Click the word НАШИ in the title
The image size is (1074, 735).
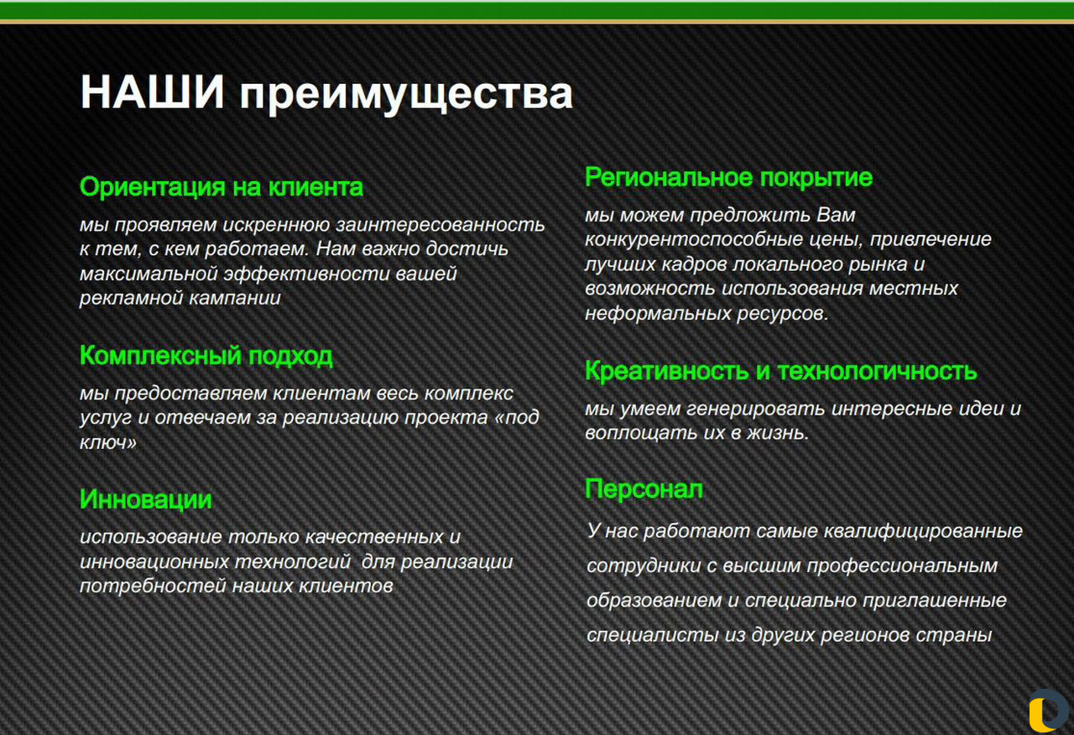point(153,91)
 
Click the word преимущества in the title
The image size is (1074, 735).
point(406,95)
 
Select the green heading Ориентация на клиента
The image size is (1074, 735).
point(222,186)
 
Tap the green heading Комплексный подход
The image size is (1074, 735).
point(206,356)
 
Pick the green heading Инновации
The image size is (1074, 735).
point(146,499)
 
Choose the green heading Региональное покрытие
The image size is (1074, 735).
point(729,178)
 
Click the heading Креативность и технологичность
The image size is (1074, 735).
point(780,371)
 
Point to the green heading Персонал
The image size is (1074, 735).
point(644,489)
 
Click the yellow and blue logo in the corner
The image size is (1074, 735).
point(1049,712)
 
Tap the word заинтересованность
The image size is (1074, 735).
point(441,224)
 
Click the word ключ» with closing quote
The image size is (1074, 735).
point(108,442)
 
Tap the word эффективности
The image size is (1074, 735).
point(306,274)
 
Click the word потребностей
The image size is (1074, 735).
point(153,586)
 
